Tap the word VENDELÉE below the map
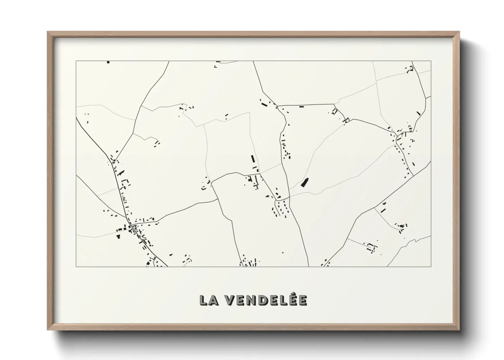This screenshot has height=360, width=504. point(267,300)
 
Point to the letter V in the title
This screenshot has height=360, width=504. point(230,300)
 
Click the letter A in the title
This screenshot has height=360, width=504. point(214,300)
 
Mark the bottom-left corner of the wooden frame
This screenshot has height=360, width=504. point(48,330)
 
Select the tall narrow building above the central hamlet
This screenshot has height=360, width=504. point(253,159)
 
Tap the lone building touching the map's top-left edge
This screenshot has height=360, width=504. point(108,62)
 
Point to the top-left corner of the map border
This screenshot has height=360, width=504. point(76,61)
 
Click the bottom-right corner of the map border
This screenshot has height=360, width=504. point(431,266)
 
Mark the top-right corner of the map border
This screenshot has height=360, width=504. point(431,61)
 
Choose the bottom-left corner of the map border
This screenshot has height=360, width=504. point(76,266)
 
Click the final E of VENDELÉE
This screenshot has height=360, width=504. point(302,300)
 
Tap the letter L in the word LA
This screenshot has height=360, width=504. point(204,300)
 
